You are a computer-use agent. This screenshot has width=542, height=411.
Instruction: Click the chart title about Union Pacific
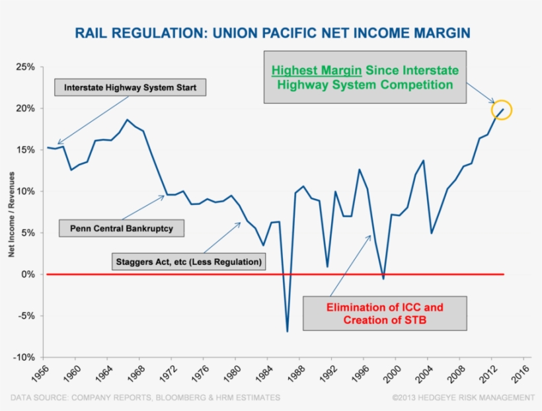click(272, 32)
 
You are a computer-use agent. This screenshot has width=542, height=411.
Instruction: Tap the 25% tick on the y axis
click(25, 67)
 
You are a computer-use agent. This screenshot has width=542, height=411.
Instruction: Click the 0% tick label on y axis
click(28, 274)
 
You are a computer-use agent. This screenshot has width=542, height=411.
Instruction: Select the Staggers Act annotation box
click(188, 262)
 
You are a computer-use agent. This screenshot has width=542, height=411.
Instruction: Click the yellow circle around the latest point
click(502, 110)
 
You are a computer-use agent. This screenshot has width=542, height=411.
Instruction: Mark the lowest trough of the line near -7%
click(288, 331)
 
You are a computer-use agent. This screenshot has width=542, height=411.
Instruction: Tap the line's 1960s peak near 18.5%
click(128, 120)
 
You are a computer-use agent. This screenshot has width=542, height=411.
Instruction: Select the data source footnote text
click(145, 397)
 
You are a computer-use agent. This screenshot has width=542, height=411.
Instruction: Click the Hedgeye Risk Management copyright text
click(463, 397)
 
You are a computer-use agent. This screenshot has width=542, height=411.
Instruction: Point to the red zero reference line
click(198, 274)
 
